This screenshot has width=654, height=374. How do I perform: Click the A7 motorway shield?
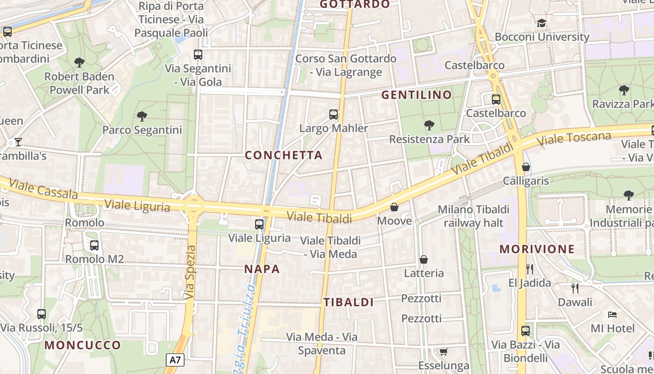tap(175, 360)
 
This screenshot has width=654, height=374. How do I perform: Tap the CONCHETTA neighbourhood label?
tap(284, 155)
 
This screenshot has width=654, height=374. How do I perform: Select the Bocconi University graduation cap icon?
tap(541, 23)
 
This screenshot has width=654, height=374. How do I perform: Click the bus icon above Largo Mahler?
tap(334, 115)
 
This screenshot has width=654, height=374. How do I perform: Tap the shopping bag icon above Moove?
tap(394, 207)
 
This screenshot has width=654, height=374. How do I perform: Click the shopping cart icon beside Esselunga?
tap(443, 352)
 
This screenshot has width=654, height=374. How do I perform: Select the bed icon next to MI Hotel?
tap(612, 315)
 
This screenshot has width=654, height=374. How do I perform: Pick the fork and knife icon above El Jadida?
tap(529, 269)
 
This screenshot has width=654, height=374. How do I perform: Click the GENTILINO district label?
tap(417, 95)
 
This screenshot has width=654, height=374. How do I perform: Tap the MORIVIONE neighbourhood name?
tap(537, 249)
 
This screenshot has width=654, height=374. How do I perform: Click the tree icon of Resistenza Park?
tap(429, 125)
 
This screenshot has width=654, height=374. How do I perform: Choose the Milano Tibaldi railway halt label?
tap(473, 216)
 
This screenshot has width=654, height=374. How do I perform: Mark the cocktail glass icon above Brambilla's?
tap(18, 142)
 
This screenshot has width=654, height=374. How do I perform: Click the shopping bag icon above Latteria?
tap(424, 259)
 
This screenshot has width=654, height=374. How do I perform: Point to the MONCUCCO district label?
tap(83, 345)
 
